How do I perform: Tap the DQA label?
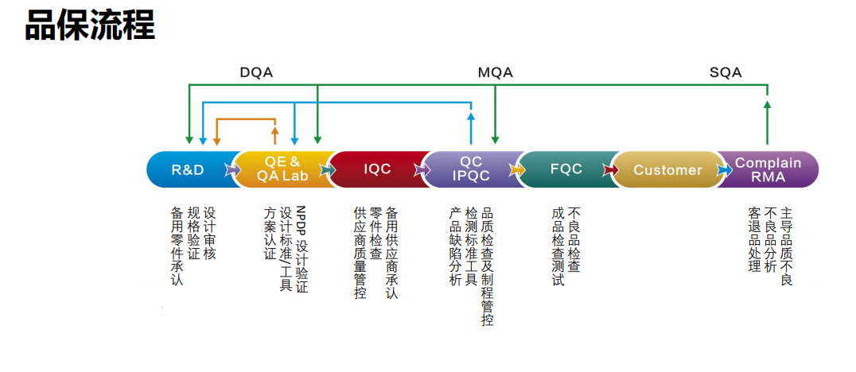pos(256,72)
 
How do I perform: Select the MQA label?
pos(495,72)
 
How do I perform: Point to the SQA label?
pos(726,72)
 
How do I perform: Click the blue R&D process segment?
pos(189,169)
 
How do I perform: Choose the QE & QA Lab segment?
pos(282,169)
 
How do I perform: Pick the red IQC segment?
pos(377,169)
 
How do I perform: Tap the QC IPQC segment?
pos(471,169)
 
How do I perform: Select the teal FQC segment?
pos(566,169)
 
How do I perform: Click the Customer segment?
pos(667,169)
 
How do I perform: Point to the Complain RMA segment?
pos(768,169)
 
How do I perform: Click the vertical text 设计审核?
pos(209,234)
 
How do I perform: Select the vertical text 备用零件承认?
pos(177,246)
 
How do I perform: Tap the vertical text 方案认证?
pos(270,234)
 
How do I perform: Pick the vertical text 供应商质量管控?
pos(360,253)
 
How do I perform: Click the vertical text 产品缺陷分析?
pos(455,246)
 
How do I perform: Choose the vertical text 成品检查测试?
pos(558,246)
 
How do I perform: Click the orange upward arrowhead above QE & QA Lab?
pos(275,130)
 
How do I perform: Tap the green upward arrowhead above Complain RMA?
pos(767,106)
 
